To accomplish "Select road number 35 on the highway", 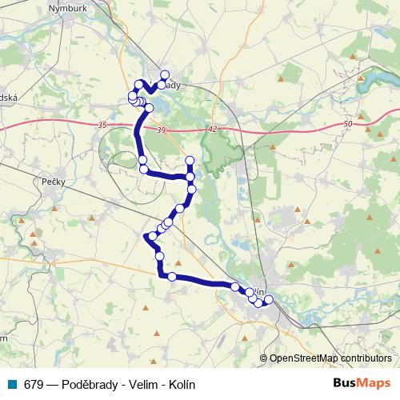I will [102, 126].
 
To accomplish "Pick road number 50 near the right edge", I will [346, 123].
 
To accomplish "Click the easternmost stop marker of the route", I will [268, 300].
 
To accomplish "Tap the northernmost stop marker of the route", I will [165, 75].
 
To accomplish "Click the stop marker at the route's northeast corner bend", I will [190, 161].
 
